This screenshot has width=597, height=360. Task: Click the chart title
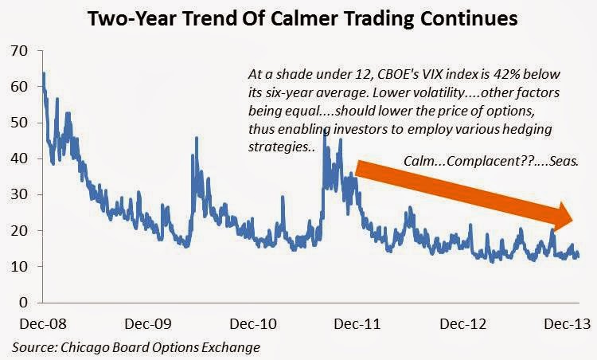pos(302,18)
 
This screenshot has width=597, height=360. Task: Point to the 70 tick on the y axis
pos(20,51)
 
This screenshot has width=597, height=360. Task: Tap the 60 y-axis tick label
pos(20,87)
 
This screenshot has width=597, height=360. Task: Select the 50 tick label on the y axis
pos(20,123)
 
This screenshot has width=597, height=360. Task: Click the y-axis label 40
pos(20,158)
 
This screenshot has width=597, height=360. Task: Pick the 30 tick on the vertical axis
pos(20,194)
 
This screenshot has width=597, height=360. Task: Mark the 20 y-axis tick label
pos(20,230)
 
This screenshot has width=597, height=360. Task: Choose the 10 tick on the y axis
pos(20,266)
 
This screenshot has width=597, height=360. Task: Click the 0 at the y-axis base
pos(24,303)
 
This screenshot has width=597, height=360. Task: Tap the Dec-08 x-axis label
pos(43,324)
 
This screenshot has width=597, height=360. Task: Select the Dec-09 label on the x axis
pos(148,324)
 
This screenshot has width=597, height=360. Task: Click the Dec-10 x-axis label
pos(253,324)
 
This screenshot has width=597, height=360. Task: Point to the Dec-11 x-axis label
pos(357,324)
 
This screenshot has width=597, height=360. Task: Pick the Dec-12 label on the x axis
pos(463,324)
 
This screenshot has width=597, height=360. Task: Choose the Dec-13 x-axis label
pos(568,324)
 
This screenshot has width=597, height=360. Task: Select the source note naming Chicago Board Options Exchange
pos(136,347)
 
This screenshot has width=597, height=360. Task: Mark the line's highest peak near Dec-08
pos(44,73)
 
